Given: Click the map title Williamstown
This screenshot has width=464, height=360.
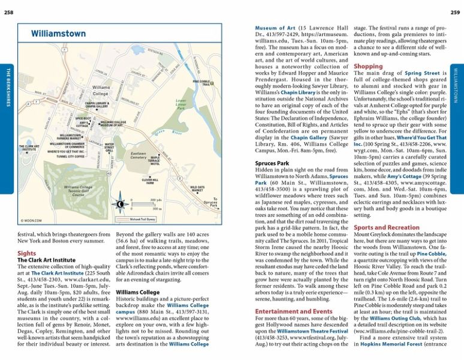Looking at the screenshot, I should tap(59, 34).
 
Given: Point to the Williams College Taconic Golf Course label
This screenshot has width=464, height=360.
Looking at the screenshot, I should tap(78, 191).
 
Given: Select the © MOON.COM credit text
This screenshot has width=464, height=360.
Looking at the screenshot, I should tap(31, 221).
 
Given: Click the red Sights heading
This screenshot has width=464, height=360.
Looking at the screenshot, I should tap(28, 253).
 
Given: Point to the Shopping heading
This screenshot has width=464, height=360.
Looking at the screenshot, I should tap(368, 67).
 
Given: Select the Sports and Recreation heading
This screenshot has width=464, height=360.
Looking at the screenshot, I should tap(387, 228).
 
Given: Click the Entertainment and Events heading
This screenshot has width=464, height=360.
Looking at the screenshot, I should tap(293, 312).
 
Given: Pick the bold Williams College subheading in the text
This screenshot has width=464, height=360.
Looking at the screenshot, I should tap(137, 292).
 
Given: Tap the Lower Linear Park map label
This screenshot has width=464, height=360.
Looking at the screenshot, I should tap(180, 104).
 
